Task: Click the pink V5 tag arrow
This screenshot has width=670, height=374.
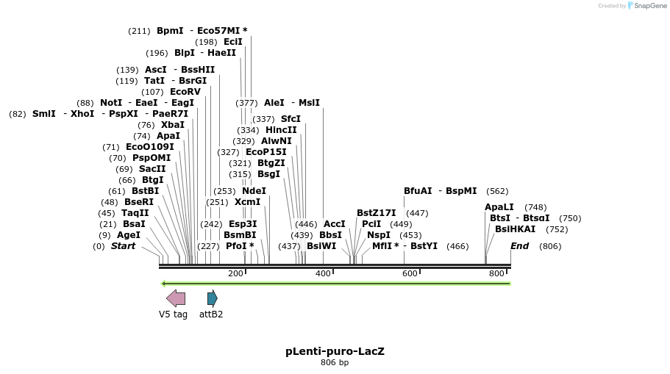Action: click(176, 298)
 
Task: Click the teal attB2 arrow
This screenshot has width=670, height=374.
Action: click(212, 298)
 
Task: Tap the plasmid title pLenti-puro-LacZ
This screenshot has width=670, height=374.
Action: click(335, 351)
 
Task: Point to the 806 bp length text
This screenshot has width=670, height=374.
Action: click(335, 362)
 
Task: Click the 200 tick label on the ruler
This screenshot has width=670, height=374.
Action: click(235, 274)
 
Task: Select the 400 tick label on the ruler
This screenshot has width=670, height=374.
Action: click(323, 274)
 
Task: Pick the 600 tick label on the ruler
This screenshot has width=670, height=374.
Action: click(410, 274)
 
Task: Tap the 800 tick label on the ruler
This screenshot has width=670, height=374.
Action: click(496, 274)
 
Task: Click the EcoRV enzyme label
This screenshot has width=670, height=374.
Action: click(185, 92)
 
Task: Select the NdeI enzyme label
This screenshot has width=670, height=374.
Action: click(254, 191)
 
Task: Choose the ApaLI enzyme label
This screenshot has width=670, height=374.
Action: click(499, 207)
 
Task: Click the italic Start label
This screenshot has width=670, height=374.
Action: click(123, 246)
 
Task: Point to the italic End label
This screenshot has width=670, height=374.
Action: click(519, 246)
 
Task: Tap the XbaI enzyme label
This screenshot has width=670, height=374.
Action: click(172, 125)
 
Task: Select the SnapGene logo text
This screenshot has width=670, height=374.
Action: click(649, 6)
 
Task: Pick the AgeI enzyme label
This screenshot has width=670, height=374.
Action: click(129, 235)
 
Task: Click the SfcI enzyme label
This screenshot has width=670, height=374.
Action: click(291, 119)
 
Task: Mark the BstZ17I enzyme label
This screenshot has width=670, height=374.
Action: click(377, 213)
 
